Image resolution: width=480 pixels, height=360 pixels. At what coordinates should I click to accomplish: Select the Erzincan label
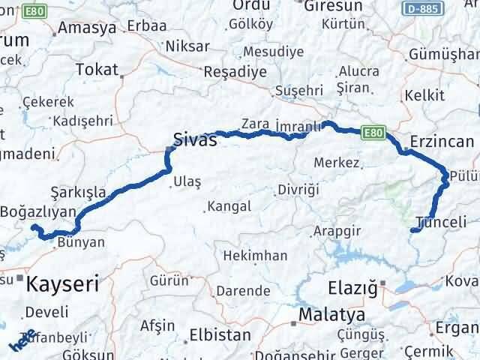[x=442, y=141]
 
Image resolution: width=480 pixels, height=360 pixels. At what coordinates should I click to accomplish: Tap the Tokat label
[x=97, y=70]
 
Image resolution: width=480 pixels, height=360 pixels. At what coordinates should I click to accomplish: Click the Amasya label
[x=87, y=28]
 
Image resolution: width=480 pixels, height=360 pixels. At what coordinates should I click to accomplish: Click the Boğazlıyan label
[x=39, y=211]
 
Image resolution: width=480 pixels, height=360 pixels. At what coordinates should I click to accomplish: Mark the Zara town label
[x=255, y=124]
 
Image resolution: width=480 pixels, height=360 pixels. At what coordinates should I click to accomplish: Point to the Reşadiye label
[x=236, y=72]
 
